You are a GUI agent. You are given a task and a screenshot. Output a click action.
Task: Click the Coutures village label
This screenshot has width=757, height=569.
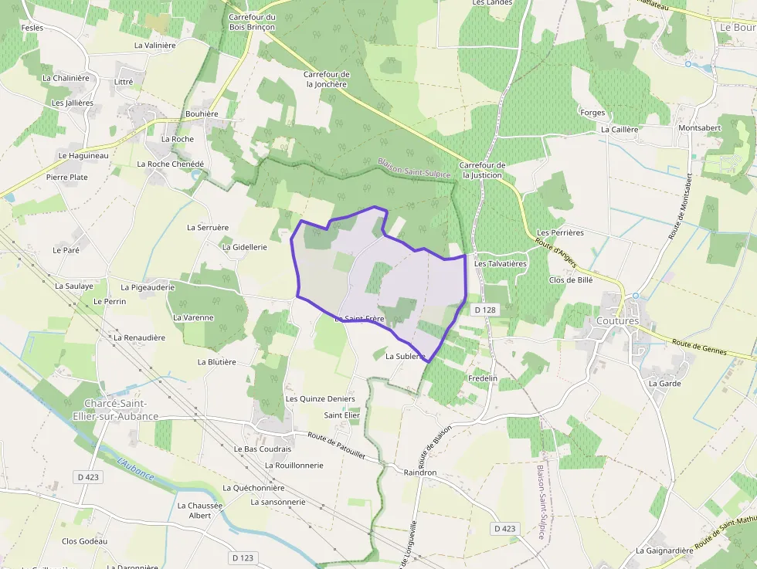click(x=617, y=320)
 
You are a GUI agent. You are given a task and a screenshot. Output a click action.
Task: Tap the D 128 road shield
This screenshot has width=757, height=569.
click(x=484, y=310)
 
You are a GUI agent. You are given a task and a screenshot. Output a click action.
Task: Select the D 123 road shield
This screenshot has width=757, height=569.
click(x=242, y=557)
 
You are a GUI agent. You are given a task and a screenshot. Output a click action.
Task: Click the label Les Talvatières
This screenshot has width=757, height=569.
click(x=500, y=263)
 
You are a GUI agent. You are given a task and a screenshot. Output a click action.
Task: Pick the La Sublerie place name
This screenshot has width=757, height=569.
click(x=405, y=356)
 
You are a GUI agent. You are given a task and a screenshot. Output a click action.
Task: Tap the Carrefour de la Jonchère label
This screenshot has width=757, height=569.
click(x=327, y=79)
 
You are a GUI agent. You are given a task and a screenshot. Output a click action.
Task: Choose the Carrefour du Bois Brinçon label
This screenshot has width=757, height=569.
click(x=252, y=22)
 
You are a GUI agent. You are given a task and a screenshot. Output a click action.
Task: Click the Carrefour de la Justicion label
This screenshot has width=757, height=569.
click(x=482, y=170)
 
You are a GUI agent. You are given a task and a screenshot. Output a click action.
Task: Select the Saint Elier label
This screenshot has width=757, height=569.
click(x=341, y=415)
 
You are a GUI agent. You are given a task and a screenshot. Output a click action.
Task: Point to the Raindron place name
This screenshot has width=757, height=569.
click(x=420, y=472)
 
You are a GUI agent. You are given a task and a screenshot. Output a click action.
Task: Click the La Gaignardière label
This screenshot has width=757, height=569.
click(x=664, y=550)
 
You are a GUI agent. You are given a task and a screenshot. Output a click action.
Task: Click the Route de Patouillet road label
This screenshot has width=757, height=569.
click(x=336, y=445)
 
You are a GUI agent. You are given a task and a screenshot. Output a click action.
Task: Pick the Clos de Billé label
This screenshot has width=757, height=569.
click(x=570, y=279)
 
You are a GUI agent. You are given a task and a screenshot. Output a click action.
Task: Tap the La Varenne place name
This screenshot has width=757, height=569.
click(x=193, y=317)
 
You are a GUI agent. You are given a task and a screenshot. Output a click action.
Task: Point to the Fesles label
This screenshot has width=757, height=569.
click(x=32, y=27)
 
